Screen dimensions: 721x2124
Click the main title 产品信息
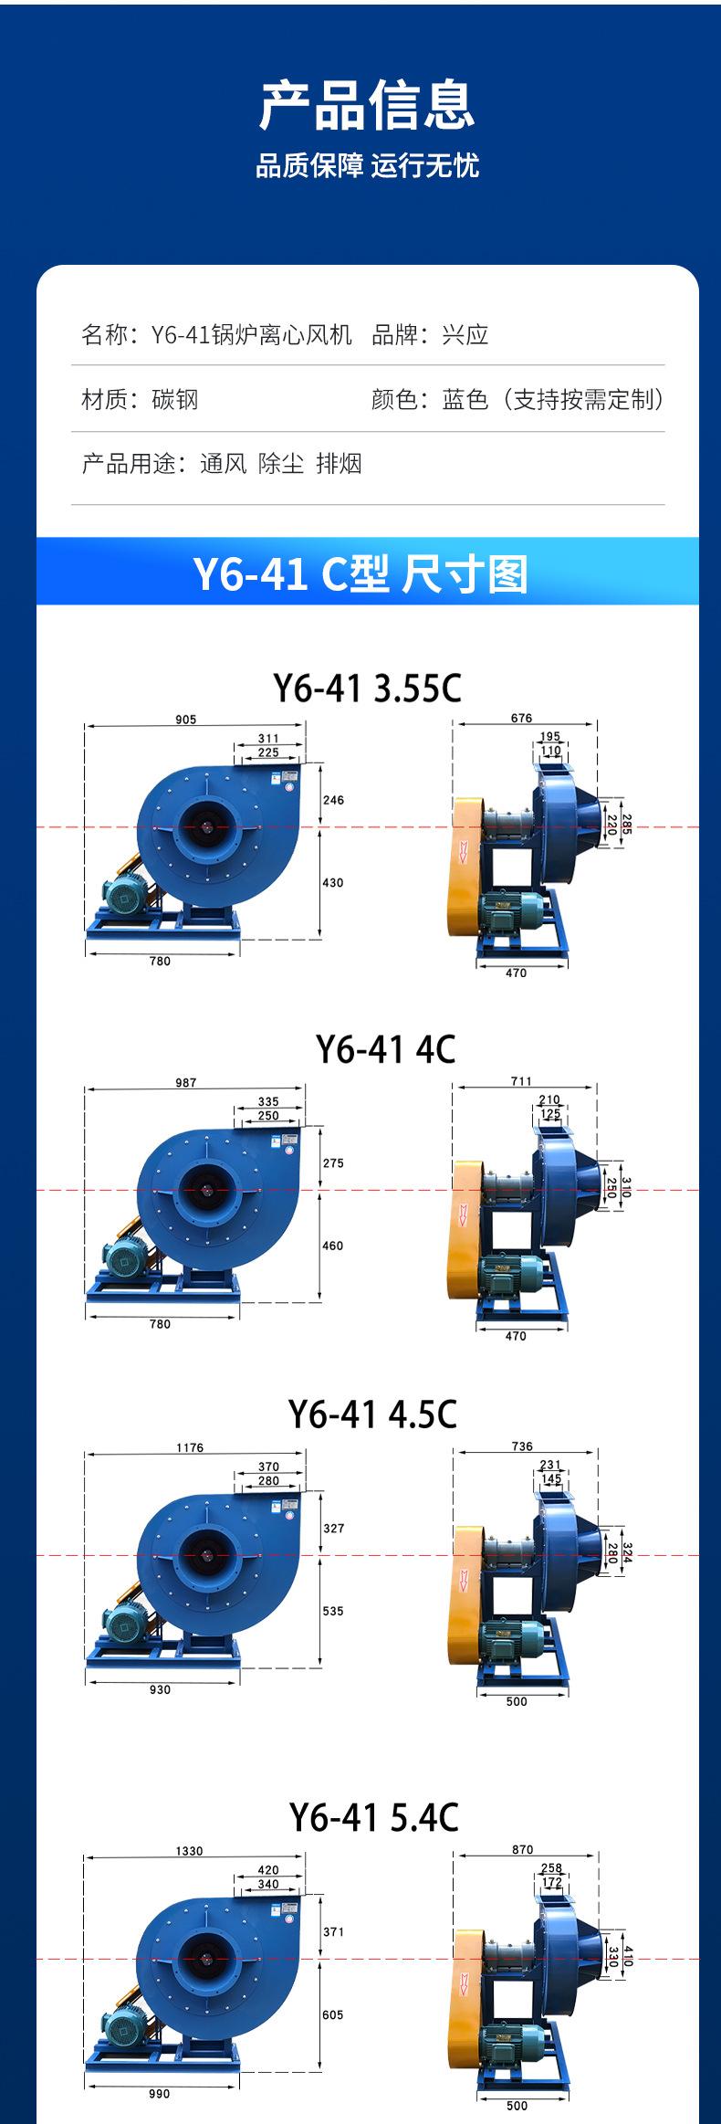tap(367, 105)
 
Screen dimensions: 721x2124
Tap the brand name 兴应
tap(465, 335)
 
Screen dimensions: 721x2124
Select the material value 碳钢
tap(175, 399)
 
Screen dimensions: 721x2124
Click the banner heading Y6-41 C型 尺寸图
tap(360, 574)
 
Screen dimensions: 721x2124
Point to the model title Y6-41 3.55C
tap(368, 688)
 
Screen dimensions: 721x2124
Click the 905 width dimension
tap(185, 720)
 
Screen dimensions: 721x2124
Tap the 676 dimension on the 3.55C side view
tap(521, 718)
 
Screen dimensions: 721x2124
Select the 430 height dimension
tap(333, 883)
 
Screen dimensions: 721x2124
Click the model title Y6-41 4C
tap(385, 1049)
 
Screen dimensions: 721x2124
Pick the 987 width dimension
tap(185, 1083)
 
